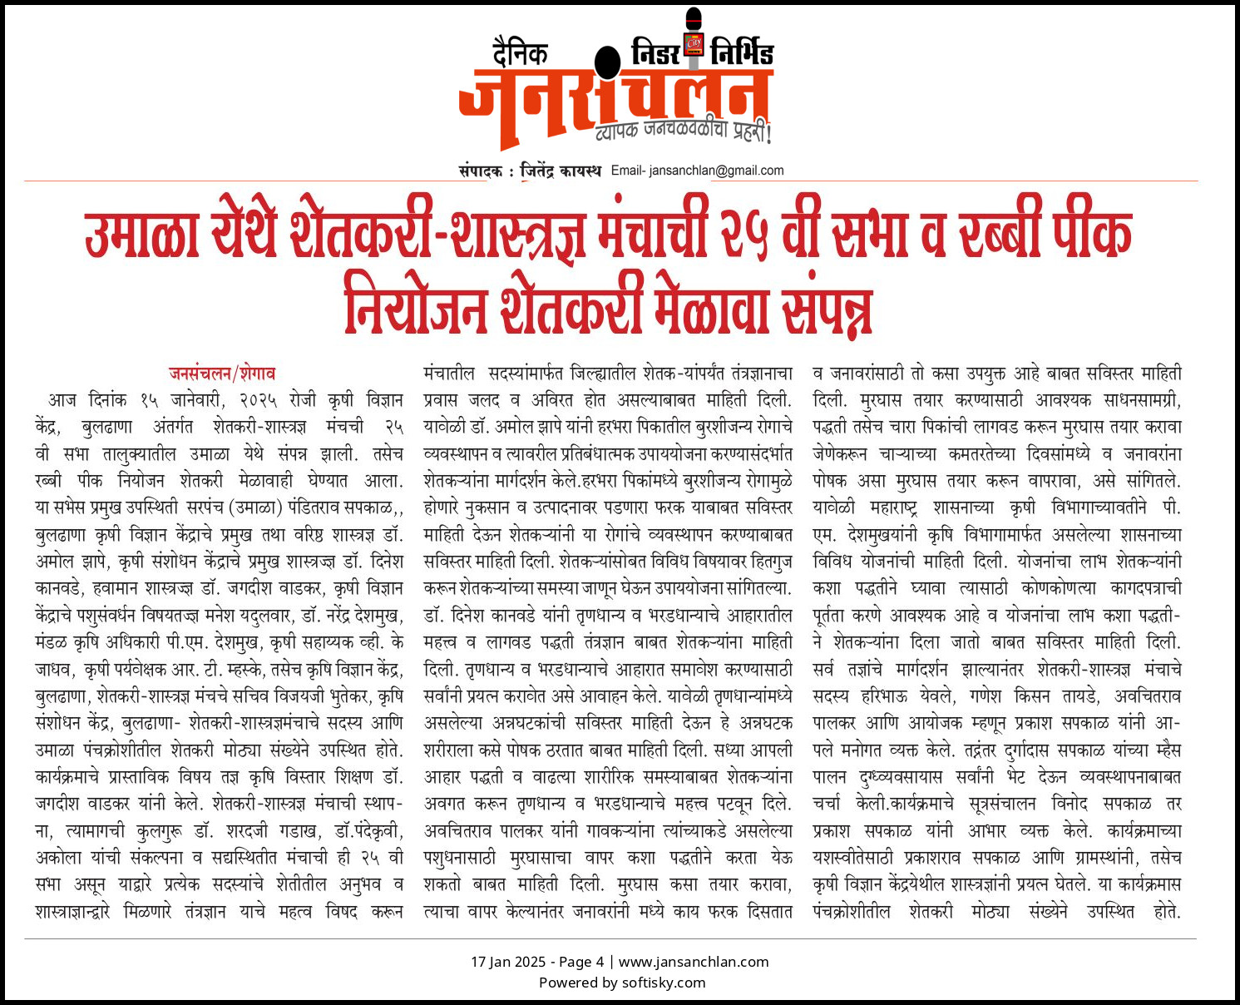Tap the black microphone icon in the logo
(x=608, y=63)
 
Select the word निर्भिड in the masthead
(x=742, y=53)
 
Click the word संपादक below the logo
(x=480, y=171)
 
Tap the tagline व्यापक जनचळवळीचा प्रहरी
(x=684, y=131)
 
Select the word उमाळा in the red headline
(x=141, y=235)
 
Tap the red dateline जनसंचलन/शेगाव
(x=222, y=374)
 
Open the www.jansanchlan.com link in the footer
(x=694, y=962)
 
